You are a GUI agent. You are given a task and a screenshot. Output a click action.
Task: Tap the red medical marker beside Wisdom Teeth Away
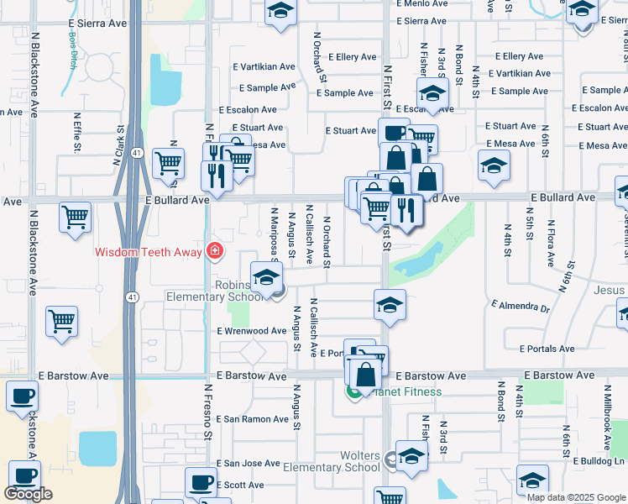click(215, 251)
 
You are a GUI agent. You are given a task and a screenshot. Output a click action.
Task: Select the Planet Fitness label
click(407, 391)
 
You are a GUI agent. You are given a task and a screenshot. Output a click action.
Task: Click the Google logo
click(28, 493)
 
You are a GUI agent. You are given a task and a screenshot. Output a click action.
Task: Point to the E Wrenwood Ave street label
click(252, 332)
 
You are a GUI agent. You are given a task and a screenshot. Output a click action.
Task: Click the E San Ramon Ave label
click(253, 419)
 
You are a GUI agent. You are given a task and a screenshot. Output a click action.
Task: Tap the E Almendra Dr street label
click(520, 307)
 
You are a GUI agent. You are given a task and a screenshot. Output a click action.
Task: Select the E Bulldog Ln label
click(599, 461)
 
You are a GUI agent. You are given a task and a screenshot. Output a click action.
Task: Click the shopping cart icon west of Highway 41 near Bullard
click(75, 218)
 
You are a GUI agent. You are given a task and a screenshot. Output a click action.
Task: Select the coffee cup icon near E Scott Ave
click(201, 482)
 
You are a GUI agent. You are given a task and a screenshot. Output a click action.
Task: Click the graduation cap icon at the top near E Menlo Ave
click(280, 13)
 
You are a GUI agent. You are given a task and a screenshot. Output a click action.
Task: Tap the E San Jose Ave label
click(248, 463)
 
